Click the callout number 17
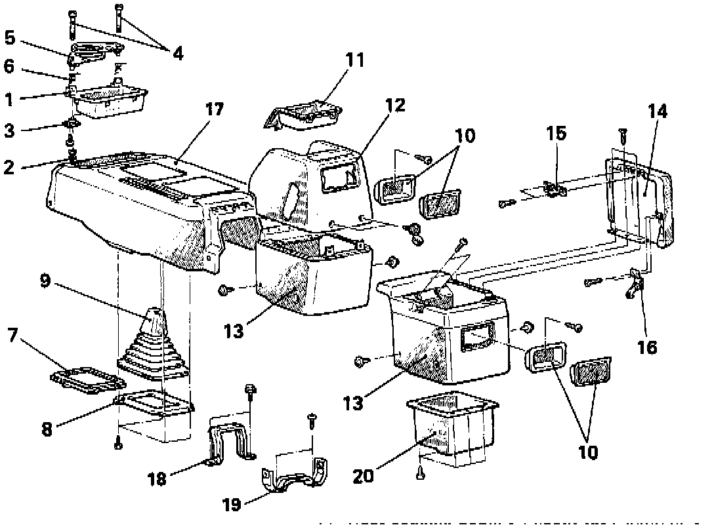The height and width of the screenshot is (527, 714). (x=215, y=109)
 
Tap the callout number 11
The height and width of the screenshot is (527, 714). (x=355, y=60)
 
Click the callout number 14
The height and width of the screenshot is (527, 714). (x=658, y=111)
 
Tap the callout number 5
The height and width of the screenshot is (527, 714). (x=10, y=38)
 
